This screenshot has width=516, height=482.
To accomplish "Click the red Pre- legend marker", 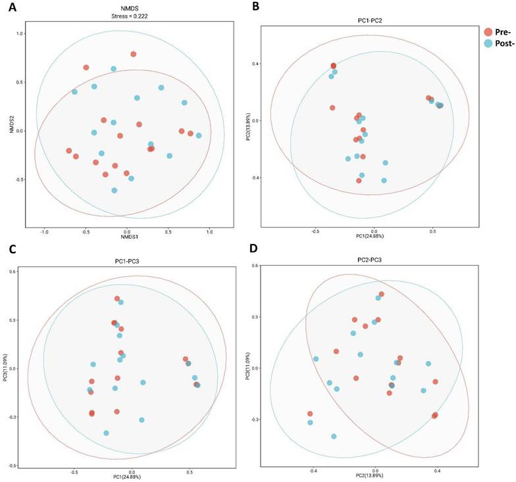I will [487, 32].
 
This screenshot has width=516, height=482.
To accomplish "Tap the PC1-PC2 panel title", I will [372, 20].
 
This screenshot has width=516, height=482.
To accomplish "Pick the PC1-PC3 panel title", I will [126, 261].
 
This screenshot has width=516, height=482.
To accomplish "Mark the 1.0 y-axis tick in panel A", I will [18, 34].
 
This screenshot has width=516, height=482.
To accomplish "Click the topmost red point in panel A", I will [133, 54].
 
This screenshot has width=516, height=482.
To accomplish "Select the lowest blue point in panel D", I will [334, 436].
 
